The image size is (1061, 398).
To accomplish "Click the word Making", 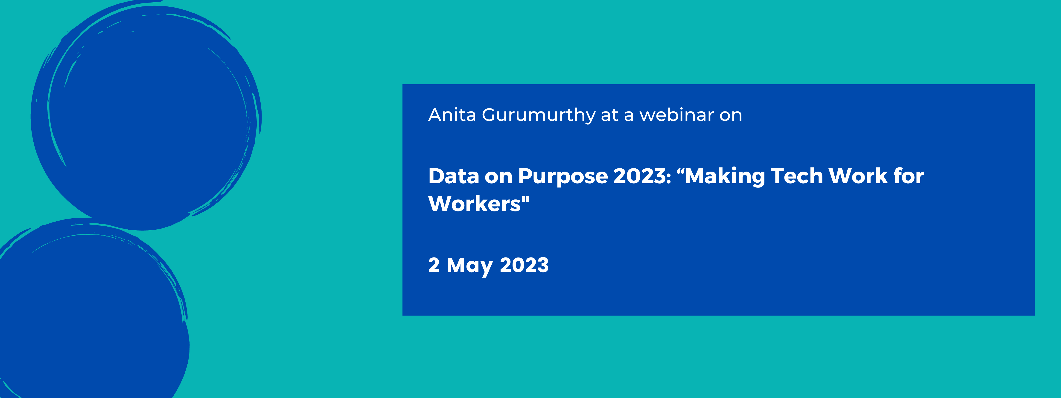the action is [725, 177].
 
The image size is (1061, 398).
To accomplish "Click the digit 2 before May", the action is [434, 265].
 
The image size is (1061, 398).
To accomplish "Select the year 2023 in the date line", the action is [524, 265].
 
